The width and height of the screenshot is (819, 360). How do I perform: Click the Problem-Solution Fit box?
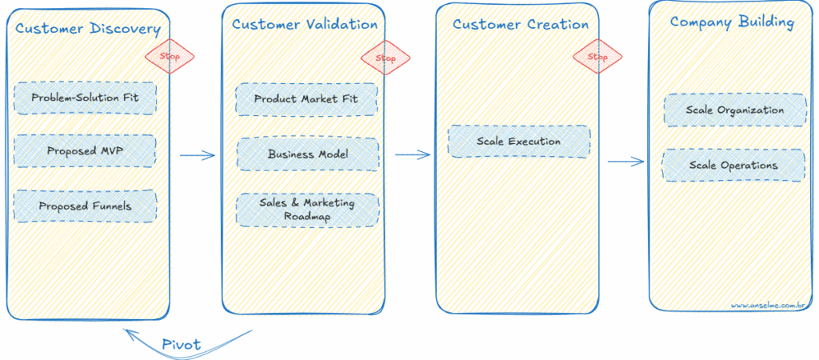[x=85, y=98]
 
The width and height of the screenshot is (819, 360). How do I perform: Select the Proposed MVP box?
[x=85, y=150]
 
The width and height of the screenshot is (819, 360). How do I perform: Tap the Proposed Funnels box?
[x=85, y=206]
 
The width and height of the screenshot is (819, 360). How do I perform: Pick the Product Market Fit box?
[x=306, y=99]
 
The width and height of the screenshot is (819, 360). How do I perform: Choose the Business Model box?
[x=307, y=154]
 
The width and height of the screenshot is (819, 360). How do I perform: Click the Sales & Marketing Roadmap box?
[x=307, y=209]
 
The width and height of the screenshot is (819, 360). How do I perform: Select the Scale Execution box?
[x=518, y=142]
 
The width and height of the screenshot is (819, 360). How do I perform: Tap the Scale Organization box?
[x=734, y=110]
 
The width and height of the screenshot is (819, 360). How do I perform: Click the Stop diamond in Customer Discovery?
[x=169, y=57]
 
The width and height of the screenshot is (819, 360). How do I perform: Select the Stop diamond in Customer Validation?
[x=386, y=58]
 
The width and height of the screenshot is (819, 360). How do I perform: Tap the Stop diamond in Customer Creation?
[x=597, y=57]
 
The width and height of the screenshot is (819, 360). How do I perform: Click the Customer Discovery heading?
[x=87, y=30]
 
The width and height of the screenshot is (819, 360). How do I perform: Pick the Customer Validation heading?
[x=305, y=24]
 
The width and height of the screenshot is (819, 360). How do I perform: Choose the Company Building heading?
[x=732, y=22]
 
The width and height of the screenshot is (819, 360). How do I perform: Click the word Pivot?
[x=181, y=345]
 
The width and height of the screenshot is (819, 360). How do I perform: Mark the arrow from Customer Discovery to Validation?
[x=198, y=155]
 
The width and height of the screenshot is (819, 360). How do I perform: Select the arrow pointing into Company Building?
[x=625, y=162]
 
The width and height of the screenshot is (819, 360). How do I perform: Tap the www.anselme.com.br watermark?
[x=769, y=305]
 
